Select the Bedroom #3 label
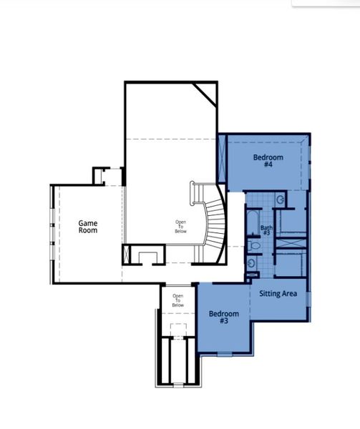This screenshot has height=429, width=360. click(223, 317)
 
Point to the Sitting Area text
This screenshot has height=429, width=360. click(278, 294)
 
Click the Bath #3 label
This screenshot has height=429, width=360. click(266, 230)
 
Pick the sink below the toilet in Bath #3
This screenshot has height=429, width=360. click(250, 265)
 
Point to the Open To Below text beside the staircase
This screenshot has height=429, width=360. click(180, 227)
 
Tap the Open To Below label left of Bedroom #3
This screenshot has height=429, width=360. click(177, 300)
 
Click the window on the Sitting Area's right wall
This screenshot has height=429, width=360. click(308, 297)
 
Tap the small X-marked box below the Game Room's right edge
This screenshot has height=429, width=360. click(128, 255)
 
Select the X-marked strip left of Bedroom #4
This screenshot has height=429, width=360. click(223, 162)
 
